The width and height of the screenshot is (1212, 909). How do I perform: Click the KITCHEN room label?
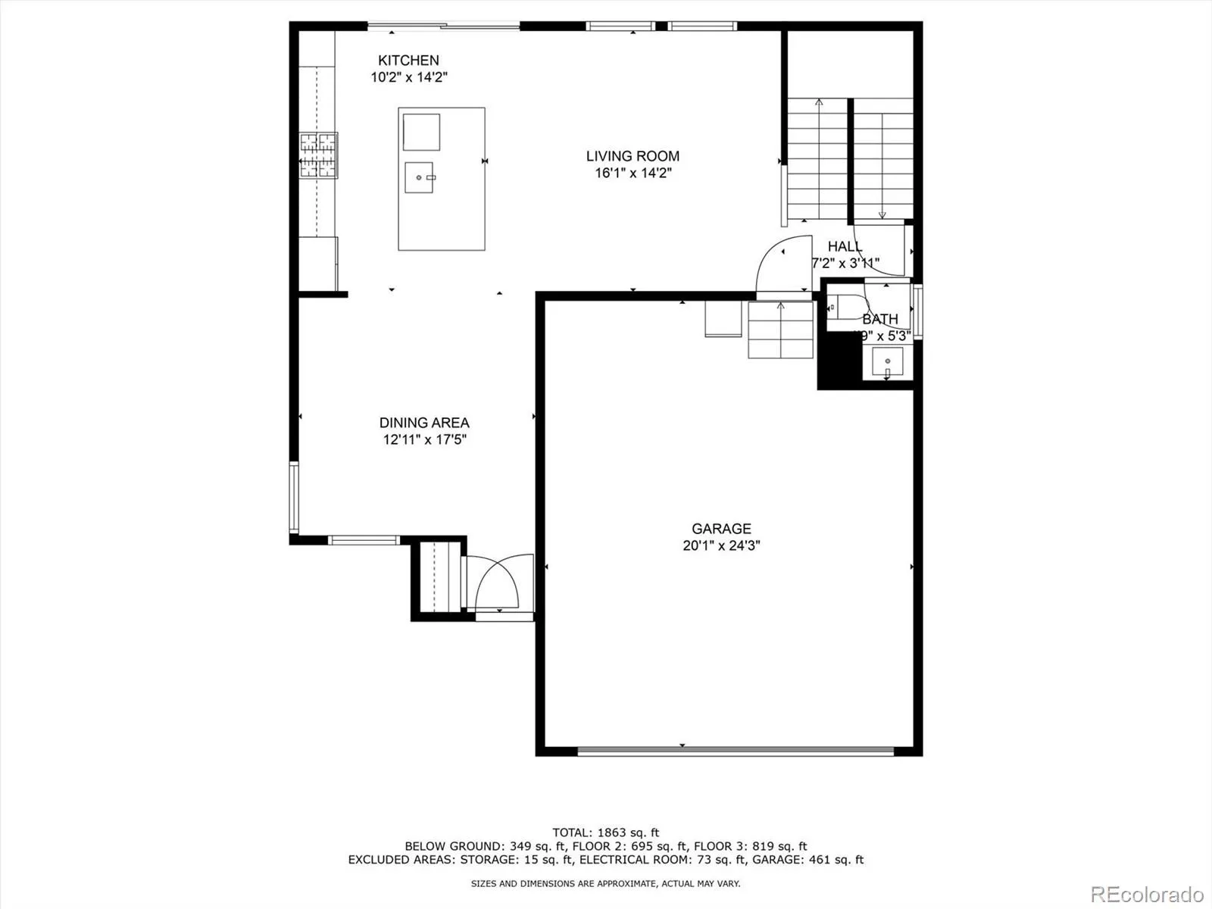408,61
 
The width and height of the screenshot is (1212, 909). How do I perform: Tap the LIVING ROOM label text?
633,156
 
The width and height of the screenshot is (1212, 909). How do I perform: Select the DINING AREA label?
424,423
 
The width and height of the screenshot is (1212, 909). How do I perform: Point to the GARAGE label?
721,529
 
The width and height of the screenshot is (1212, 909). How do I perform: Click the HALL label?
845,246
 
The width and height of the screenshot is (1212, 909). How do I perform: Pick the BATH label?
880,319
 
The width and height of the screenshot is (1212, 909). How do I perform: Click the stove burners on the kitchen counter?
318,155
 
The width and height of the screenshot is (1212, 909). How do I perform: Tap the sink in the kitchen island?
419,177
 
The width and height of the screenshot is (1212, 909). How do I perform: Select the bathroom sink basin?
888,362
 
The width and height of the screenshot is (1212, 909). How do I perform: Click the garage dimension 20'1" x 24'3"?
721,545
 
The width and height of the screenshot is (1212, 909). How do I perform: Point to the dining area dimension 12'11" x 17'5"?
424,439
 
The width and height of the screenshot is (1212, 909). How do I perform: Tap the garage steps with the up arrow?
780,330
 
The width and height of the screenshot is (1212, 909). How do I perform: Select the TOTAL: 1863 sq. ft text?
606,832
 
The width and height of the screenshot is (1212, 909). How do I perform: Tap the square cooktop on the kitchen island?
421,133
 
